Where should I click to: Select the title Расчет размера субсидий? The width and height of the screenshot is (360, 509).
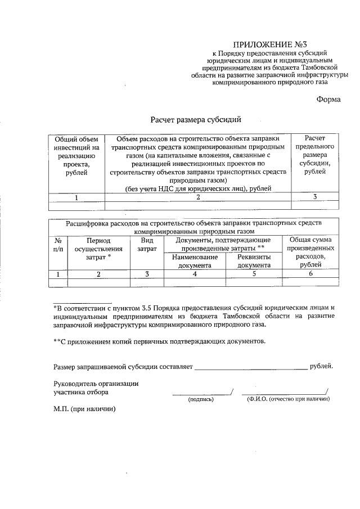click(x=195, y=120)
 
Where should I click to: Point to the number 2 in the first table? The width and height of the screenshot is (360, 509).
click(x=197, y=197)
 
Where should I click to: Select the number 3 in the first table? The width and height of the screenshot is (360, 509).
click(x=314, y=197)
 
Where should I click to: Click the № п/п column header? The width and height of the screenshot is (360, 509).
click(x=57, y=244)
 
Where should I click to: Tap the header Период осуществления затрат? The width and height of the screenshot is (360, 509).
click(x=98, y=248)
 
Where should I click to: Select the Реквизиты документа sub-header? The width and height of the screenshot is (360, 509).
click(x=254, y=261)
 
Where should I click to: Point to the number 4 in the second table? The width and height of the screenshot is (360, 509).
click(x=195, y=274)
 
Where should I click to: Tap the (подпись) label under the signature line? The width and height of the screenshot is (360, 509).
click(x=200, y=399)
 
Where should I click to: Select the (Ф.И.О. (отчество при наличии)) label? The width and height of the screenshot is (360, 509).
click(x=288, y=399)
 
